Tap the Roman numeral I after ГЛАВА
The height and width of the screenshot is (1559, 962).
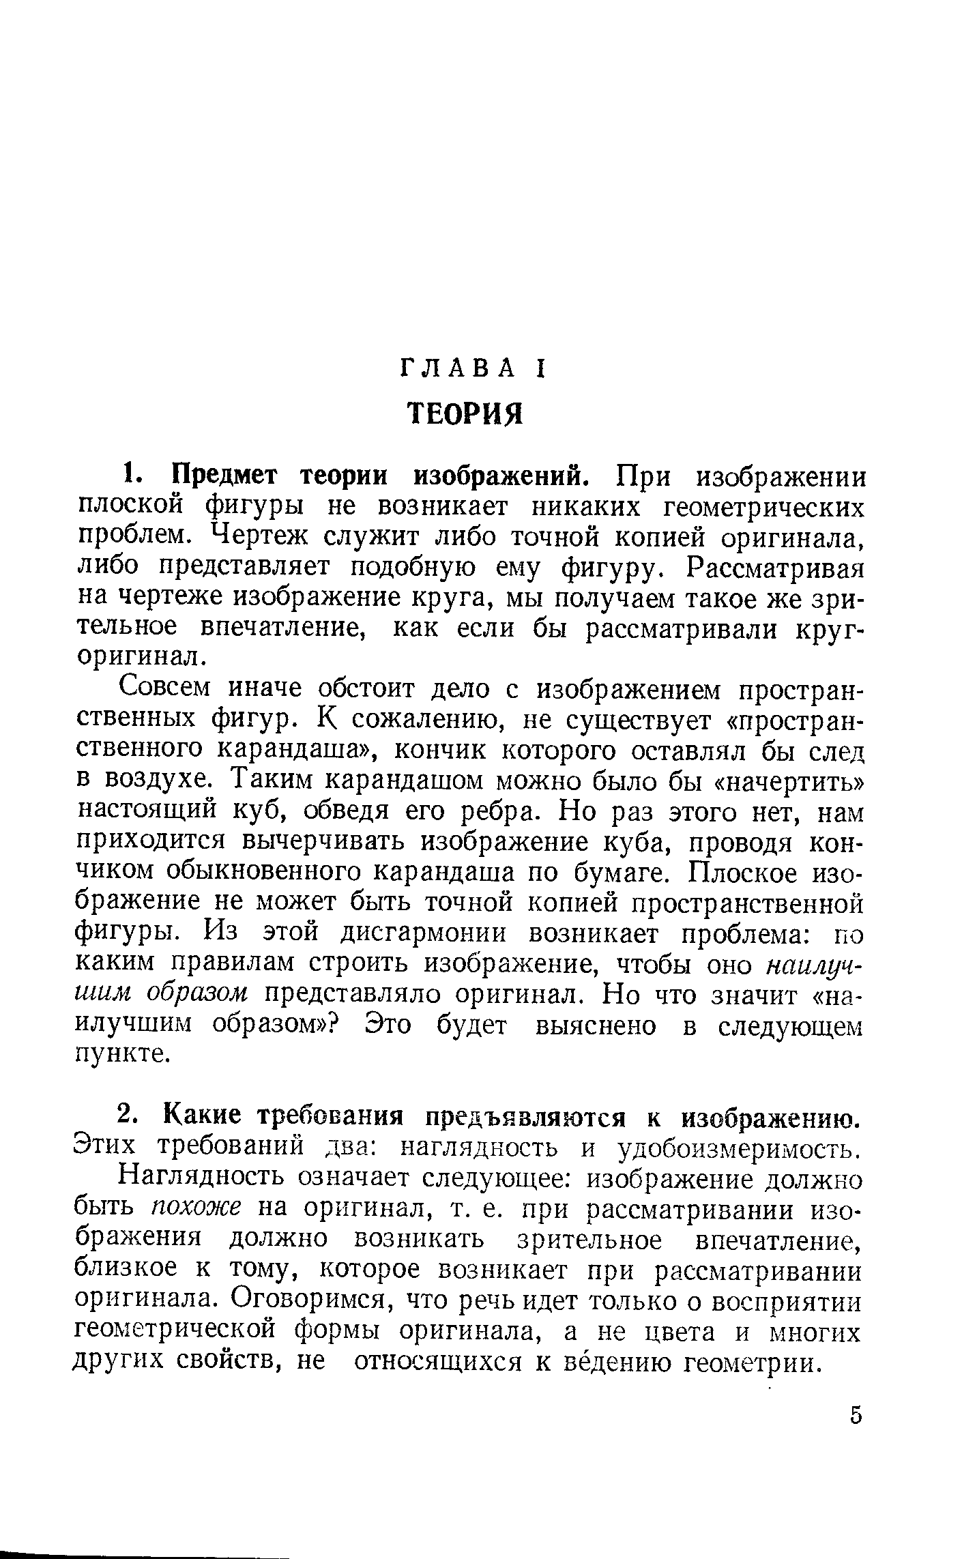tap(538, 369)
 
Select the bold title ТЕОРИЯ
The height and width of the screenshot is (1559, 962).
tap(465, 413)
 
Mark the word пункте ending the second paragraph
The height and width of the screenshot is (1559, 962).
tap(121, 1054)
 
